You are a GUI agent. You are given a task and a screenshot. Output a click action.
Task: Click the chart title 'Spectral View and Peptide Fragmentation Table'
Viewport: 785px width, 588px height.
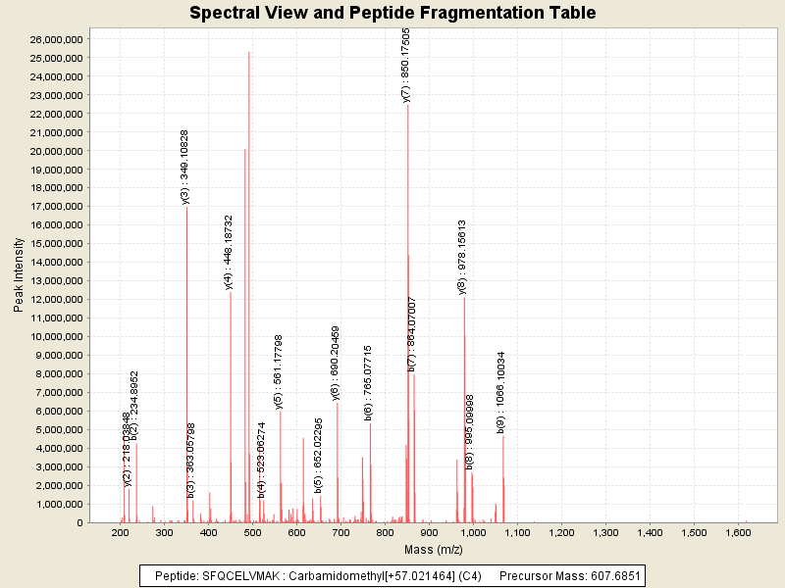tap(392, 13)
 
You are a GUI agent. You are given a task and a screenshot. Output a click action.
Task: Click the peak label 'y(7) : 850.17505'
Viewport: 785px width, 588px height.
tap(406, 65)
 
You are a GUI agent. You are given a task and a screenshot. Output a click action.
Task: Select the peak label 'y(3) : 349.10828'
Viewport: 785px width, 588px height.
tap(184, 167)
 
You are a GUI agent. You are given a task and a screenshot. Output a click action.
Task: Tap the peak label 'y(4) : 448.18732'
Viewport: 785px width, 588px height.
tap(229, 253)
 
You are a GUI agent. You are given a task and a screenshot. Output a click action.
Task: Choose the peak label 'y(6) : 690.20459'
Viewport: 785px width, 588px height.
tap(336, 364)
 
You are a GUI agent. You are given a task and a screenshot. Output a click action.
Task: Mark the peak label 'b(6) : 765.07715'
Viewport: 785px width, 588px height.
tap(368, 383)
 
